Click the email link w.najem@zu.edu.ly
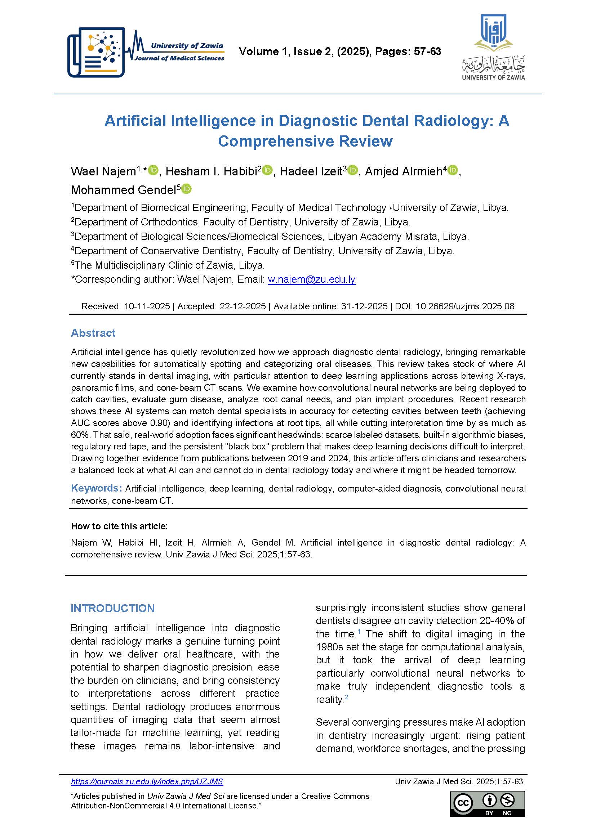click(x=311, y=279)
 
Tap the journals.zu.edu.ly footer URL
click(x=147, y=781)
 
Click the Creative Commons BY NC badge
click(x=487, y=803)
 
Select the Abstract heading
click(x=93, y=333)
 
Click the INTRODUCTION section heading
click(x=112, y=608)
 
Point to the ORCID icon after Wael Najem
click(x=153, y=170)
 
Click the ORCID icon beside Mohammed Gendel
click(x=186, y=189)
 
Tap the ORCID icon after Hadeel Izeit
click(x=352, y=170)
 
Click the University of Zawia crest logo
click(x=493, y=47)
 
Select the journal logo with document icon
click(x=96, y=52)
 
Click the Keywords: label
click(x=96, y=488)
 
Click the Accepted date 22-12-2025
click(x=243, y=306)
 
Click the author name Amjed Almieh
click(x=404, y=171)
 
